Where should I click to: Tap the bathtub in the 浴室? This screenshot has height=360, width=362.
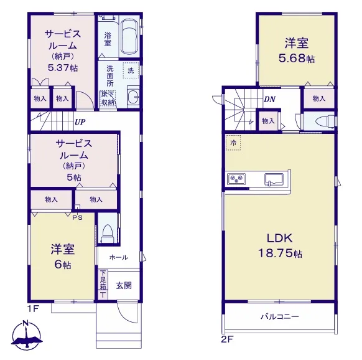pos(129,37)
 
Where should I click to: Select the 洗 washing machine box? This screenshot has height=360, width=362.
pos(131,70)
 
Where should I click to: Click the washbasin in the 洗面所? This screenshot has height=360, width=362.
pos(133,97)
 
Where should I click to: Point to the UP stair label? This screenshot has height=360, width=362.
pos(80,122)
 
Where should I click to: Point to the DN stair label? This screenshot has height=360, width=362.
pos(269,100)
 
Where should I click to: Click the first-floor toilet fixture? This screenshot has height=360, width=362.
pos(108,233)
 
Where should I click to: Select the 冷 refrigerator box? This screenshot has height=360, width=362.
pos(233,143)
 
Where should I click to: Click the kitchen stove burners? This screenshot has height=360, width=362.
pos(236,178)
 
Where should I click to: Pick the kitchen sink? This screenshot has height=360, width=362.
pos(274,179)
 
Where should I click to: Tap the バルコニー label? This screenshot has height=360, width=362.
pos(280,316)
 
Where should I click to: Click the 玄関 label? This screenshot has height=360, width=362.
pos(124,286)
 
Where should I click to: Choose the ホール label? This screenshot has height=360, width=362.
pos(118,257)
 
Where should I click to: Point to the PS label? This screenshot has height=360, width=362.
pos(78,217)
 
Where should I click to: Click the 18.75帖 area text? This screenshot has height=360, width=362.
pos(280,253)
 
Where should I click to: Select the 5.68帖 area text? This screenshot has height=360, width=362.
pos(297,59)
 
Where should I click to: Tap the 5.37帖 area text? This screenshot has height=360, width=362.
pos(63,68)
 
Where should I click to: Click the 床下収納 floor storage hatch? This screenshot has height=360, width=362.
pos(108,98)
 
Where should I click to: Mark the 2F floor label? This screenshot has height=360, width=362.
pos(228,339)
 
